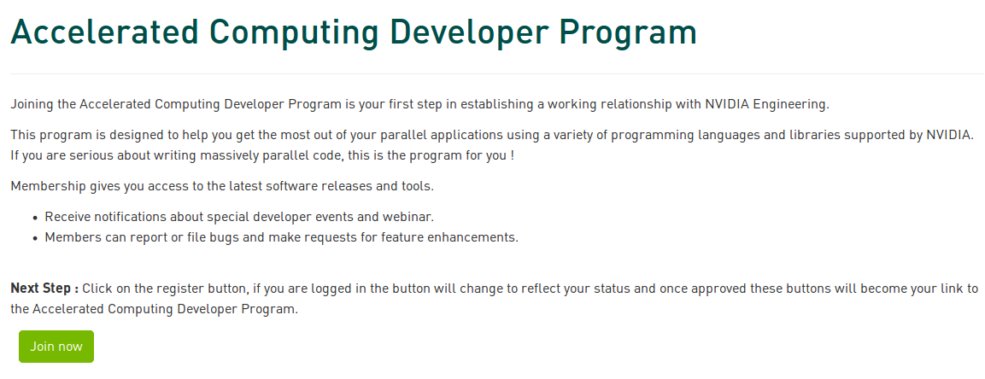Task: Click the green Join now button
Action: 56,347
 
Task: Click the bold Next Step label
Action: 44,289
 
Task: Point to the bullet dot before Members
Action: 35,238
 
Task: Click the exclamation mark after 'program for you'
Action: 512,155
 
